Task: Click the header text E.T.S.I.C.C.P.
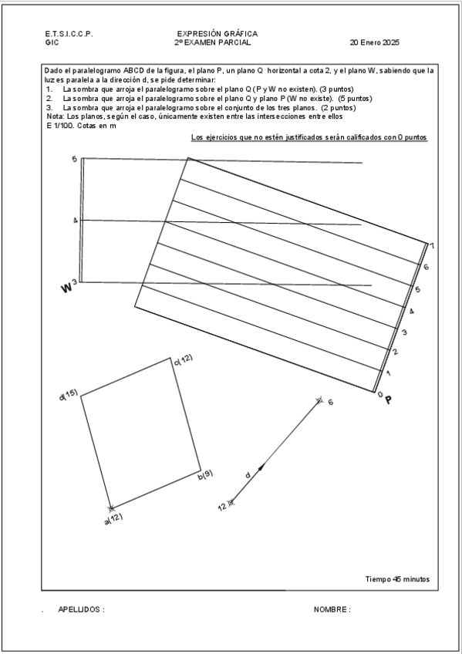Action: point(69,34)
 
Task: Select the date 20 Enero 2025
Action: point(374,42)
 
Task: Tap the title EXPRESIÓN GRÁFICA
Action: point(217,34)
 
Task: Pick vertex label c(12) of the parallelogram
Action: point(183,359)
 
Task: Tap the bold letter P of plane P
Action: point(389,400)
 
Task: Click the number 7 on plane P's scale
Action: point(433,247)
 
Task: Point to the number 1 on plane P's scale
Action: point(388,373)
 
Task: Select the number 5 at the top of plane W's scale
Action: point(74,159)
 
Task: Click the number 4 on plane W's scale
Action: point(75,221)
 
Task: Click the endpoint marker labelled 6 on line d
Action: point(319,400)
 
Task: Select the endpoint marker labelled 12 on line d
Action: point(230,503)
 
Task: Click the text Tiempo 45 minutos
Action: point(397,579)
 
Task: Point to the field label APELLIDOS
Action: point(81,609)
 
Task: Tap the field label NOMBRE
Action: point(332,609)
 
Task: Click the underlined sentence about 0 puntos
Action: point(309,137)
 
